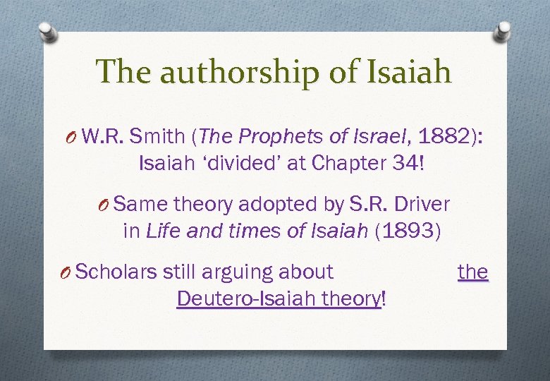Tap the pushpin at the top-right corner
tap(503, 31)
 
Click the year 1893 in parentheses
tap(409, 232)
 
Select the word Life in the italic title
tap(160, 232)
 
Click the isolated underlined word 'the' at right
tap(472, 272)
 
